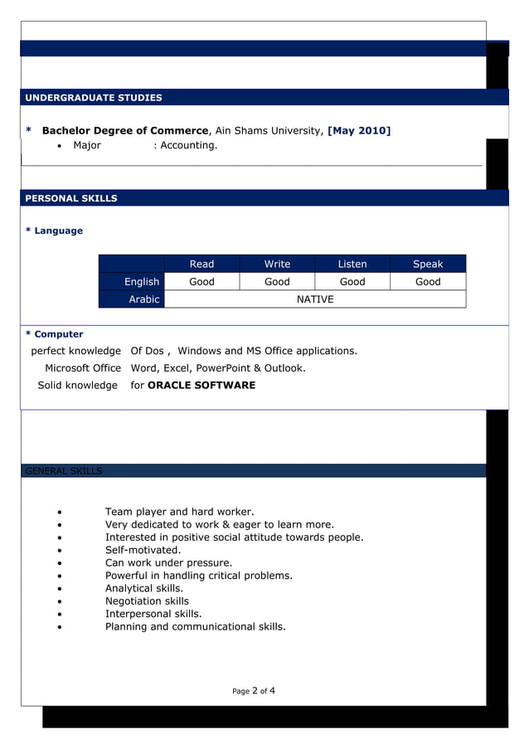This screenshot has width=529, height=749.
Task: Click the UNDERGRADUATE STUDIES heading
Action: tap(94, 98)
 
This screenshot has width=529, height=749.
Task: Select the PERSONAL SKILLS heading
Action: tap(71, 198)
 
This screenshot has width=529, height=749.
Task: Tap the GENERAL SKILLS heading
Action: tap(64, 471)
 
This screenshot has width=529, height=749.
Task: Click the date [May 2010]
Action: tap(359, 130)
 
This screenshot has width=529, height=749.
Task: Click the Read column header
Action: tap(201, 264)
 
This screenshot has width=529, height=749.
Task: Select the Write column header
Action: tap(277, 264)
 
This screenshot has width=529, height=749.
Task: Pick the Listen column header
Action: tap(352, 264)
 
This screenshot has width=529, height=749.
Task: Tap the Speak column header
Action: tap(428, 264)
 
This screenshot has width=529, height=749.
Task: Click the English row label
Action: tap(141, 282)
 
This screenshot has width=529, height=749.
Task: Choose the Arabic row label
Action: tap(143, 299)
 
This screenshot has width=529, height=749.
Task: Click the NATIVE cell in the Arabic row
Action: tap(315, 299)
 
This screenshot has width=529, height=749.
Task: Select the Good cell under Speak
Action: tap(428, 282)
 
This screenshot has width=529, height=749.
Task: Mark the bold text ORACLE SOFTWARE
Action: tap(201, 385)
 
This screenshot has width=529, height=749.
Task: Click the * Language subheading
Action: tap(55, 231)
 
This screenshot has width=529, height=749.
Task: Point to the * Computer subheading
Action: tap(55, 334)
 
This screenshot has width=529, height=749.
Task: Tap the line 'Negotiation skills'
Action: tap(147, 601)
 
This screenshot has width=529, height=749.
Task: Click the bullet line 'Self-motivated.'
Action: tap(143, 550)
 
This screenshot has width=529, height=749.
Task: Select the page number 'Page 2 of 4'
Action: tap(254, 690)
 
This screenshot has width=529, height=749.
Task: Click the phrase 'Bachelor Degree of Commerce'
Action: tap(125, 130)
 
